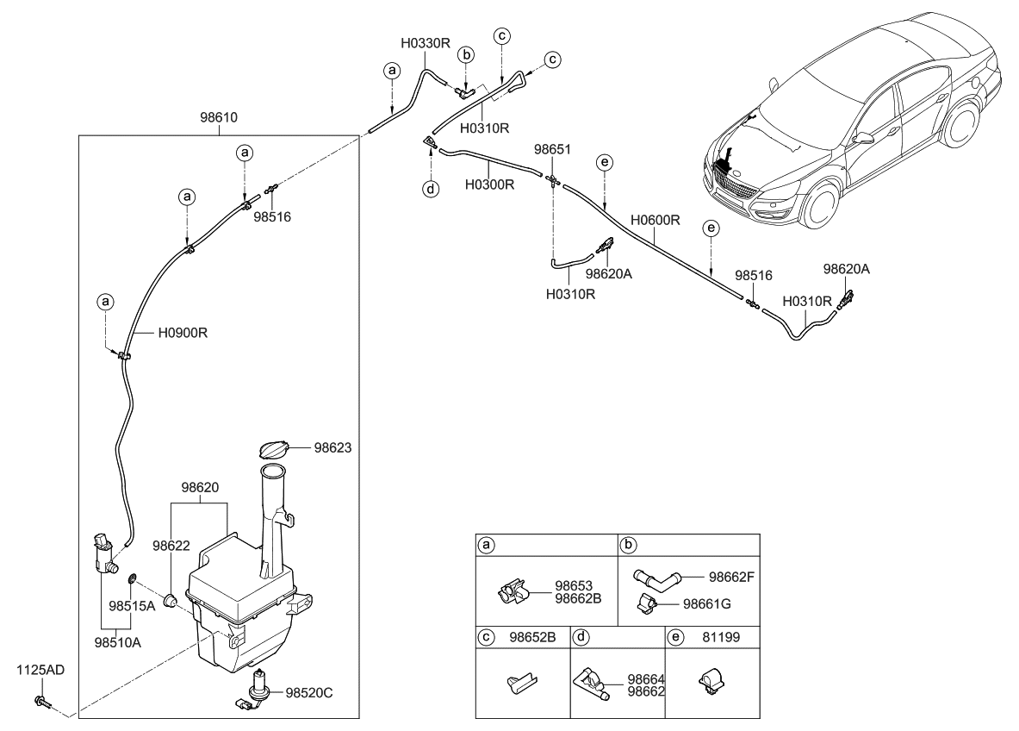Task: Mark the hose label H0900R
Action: tap(183, 331)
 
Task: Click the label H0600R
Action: tap(655, 220)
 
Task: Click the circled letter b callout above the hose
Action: tap(466, 55)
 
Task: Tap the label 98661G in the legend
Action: tap(706, 603)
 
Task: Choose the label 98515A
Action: tap(131, 606)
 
